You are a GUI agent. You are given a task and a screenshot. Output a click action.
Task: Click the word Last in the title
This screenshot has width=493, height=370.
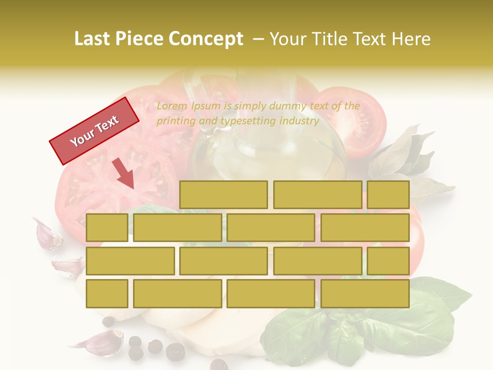click(92, 39)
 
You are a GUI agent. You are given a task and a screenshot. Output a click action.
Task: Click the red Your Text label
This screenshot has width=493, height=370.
click(94, 131)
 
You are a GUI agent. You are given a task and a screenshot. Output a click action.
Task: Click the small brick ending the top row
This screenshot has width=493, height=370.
click(388, 195)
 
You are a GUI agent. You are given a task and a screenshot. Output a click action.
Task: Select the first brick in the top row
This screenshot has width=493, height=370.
click(223, 195)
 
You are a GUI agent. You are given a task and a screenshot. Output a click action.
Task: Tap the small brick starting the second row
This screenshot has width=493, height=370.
click(107, 228)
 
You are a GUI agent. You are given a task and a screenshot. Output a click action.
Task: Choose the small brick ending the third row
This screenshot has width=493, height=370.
click(388, 261)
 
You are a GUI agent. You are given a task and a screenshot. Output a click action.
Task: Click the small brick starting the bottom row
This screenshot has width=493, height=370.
click(107, 294)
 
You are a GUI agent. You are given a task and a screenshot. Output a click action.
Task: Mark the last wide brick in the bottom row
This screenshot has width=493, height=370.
click(365, 294)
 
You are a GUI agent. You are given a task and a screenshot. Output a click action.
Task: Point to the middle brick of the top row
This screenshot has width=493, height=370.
click(317, 195)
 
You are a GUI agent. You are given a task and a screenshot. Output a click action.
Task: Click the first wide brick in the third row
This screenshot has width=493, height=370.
click(130, 261)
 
